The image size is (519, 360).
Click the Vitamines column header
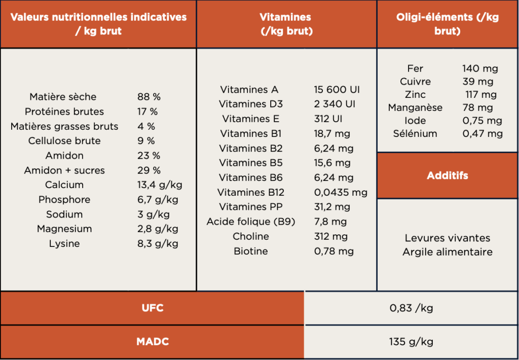286,24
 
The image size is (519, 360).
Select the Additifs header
447,176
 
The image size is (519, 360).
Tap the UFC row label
152,308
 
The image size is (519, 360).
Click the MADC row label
152,342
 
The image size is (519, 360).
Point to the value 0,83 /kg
411,308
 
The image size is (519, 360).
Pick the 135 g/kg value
411,342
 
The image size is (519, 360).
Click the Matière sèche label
63,97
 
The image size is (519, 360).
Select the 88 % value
149,97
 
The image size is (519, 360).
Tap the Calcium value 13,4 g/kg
160,185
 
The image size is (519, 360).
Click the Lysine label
64,244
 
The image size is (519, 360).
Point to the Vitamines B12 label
251,193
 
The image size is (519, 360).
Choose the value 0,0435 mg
341,193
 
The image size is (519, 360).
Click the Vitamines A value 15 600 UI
337,90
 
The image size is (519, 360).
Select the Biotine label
251,251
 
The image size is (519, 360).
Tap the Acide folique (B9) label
251,222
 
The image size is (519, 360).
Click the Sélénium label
415,134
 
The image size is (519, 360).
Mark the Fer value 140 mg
480,68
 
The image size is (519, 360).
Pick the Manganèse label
415,107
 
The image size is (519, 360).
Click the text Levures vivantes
448,238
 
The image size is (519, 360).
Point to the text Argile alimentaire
448,252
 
